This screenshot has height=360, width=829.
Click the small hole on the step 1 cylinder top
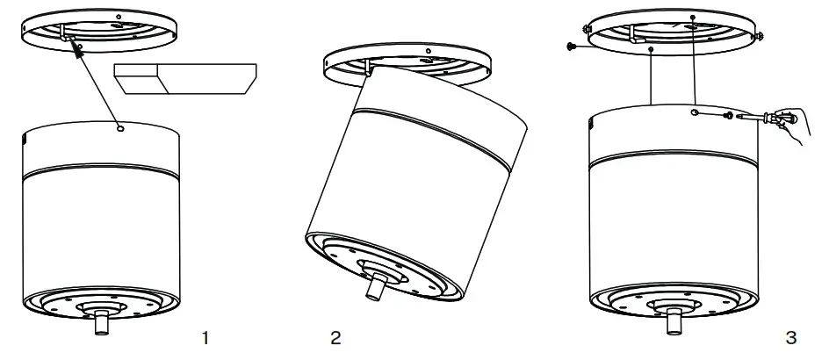[x=119, y=128]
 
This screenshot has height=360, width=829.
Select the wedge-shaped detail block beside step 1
[x=184, y=78]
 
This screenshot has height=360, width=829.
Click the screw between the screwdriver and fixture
[x=728, y=115]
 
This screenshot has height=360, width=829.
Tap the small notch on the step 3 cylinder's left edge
[x=590, y=127]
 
